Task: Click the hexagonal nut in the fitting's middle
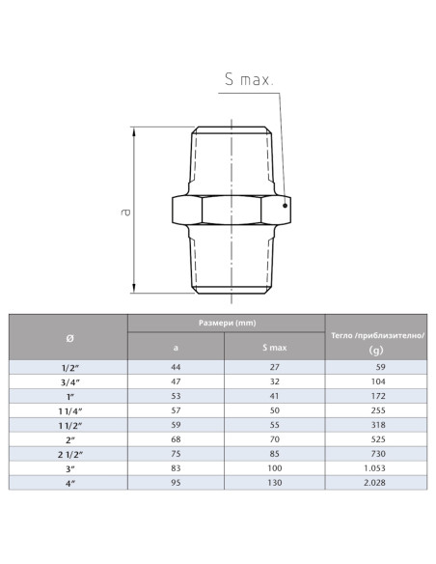point(231,210)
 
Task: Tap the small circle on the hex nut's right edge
point(286,203)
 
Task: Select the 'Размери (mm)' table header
point(226,324)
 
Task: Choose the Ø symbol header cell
point(68,337)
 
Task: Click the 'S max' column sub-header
point(275,348)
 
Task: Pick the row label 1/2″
point(68,367)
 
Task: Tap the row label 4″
point(68,481)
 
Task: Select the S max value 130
point(275,481)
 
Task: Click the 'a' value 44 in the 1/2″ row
point(176,367)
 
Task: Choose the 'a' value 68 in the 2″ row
point(176,438)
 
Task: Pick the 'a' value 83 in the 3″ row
point(176,466)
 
